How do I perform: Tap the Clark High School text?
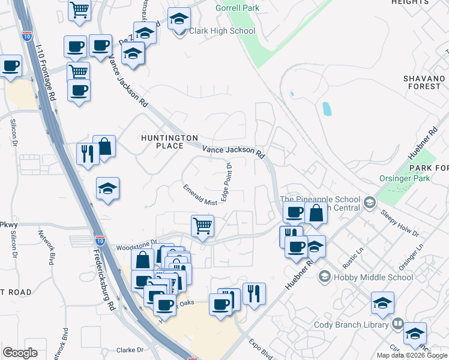point(222,31)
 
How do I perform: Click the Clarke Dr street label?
point(131,350)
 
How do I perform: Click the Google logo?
point(20,353)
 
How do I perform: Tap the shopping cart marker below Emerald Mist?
point(203,226)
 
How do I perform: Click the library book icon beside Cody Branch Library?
point(397,325)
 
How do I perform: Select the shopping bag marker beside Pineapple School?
point(316,212)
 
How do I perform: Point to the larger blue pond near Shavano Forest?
point(327,109)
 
